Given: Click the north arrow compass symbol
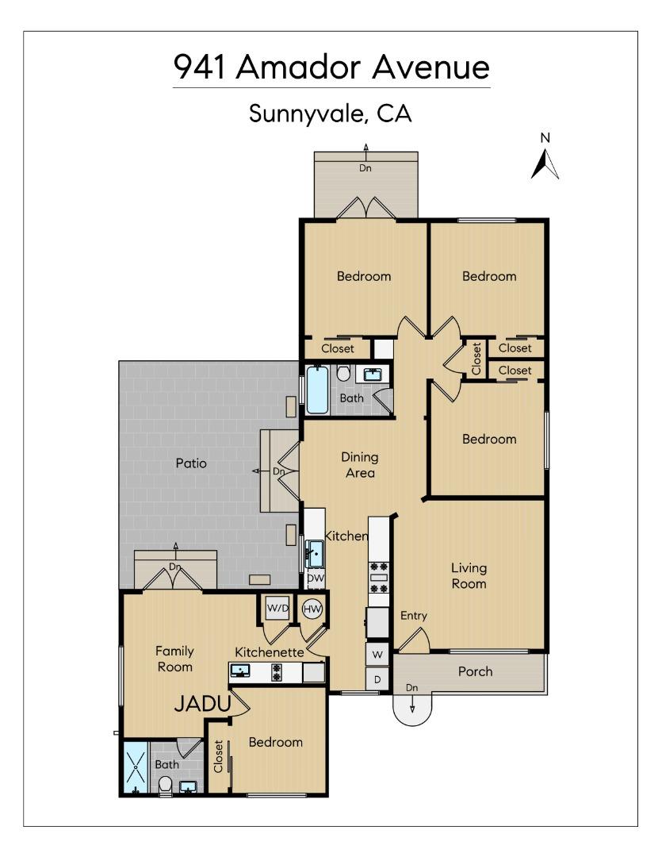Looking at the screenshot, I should click(545, 163).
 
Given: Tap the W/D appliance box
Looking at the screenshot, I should click(277, 609).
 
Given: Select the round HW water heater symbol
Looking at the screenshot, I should click(312, 609).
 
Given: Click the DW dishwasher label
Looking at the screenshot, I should click(315, 578).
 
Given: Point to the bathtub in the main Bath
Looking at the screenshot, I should click(317, 390).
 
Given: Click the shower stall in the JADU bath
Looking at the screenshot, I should click(136, 767).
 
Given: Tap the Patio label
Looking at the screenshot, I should click(191, 463).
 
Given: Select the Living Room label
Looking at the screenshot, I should click(469, 576).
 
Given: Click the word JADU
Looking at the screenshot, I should click(201, 704).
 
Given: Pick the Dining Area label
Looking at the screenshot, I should click(359, 465).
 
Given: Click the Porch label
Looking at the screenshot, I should click(476, 671).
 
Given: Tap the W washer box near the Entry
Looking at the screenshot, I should click(377, 655).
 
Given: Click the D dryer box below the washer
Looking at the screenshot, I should click(377, 679).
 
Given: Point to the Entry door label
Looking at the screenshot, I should click(413, 616).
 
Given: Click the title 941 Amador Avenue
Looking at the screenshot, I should click(331, 67).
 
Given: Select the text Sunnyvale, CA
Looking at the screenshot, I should click(331, 113).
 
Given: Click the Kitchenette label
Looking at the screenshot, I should click(270, 651).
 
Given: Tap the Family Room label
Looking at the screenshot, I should click(174, 659).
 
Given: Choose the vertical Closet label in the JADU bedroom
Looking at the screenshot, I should click(218, 756).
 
